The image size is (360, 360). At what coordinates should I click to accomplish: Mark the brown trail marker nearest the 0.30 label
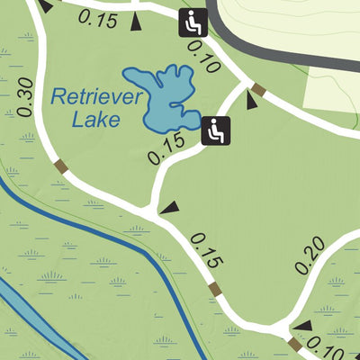61,166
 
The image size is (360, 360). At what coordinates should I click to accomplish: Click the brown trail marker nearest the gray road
258,89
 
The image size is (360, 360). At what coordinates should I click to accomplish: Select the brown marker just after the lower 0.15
214,289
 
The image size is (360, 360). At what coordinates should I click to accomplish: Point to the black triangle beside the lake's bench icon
252,103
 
